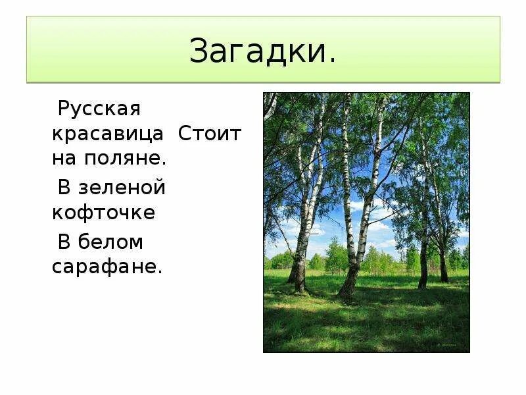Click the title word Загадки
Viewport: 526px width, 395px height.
[258, 51]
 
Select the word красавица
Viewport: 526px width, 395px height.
[108, 134]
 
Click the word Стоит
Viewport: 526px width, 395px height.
[210, 134]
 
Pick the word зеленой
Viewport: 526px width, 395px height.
[122, 188]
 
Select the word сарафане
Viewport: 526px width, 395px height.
[105, 267]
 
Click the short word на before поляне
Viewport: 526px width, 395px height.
[66, 159]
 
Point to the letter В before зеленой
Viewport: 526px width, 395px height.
[64, 188]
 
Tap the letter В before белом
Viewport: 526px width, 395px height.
[64, 242]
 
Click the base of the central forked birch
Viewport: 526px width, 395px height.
[347, 290]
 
